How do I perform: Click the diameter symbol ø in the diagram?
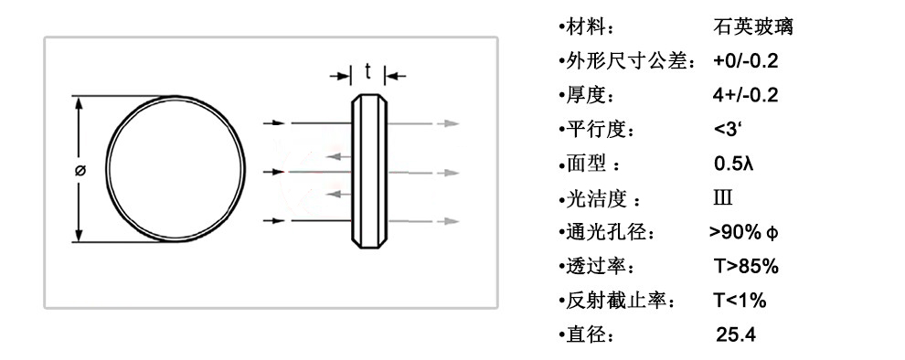coord(80,170)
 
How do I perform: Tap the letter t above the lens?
coord(367,72)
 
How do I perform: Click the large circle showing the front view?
coord(177,170)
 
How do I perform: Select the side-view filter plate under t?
coord(368,170)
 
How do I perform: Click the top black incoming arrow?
coord(277,122)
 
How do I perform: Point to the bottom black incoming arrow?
coord(277,220)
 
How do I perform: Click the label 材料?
coord(586,26)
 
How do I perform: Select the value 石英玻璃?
coord(751,26)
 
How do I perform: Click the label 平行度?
coord(594,131)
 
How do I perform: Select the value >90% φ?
coord(743,233)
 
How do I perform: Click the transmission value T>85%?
coord(745,267)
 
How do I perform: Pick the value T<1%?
coord(739,301)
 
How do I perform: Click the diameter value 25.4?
coord(735,335)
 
